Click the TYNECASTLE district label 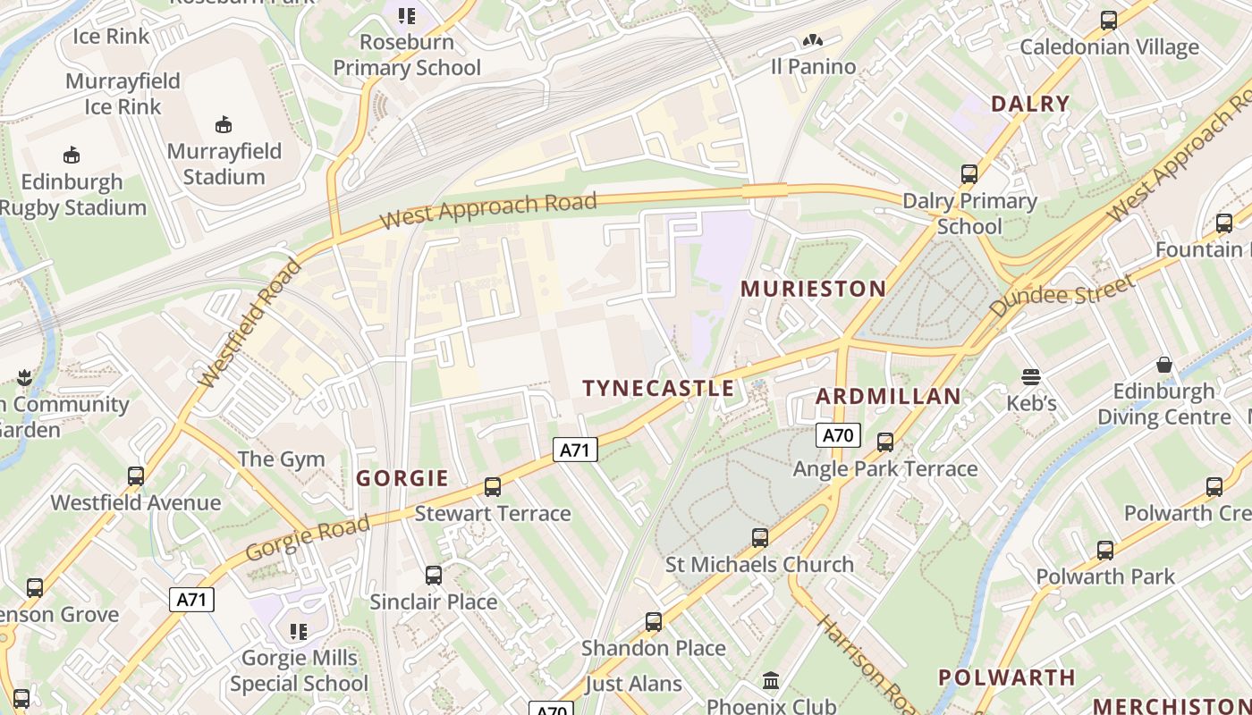tap(658, 388)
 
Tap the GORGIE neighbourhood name tap(402, 478)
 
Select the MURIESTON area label tap(814, 289)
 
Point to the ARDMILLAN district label tap(888, 396)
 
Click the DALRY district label tap(1030, 104)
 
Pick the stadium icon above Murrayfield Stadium tap(224, 124)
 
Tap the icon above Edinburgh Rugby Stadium tap(72, 155)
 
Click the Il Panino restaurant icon tap(812, 40)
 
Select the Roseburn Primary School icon tap(407, 15)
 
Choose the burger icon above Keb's tap(1031, 377)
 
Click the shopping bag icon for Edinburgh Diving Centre tap(1163, 364)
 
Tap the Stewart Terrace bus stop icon tap(492, 487)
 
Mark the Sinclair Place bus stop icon tap(434, 576)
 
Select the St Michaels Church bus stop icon tap(759, 538)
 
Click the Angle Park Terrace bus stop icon tap(885, 442)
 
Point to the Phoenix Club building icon tap(771, 681)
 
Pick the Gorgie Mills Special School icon tap(298, 632)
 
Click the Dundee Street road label tap(1062, 295)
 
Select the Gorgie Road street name tap(307, 537)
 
